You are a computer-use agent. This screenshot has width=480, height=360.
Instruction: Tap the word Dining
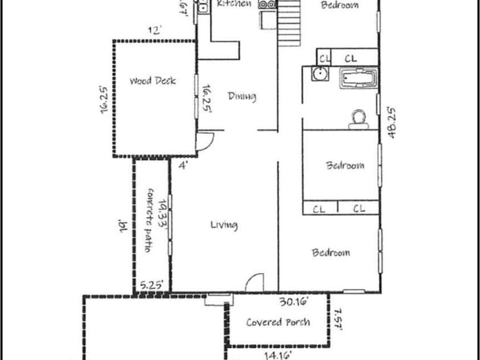pyautogui.click(x=242, y=96)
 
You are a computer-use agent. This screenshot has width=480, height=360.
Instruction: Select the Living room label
pyautogui.click(x=224, y=225)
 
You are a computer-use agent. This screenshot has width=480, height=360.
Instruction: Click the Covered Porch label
pyautogui.click(x=278, y=322)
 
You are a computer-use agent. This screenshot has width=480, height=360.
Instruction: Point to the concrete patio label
pyautogui.click(x=151, y=220)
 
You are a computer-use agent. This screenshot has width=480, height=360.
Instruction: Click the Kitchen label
pyautogui.click(x=234, y=4)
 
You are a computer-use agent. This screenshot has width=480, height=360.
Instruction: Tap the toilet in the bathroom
pyautogui.click(x=358, y=117)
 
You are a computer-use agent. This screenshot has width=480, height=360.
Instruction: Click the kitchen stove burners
pyautogui.click(x=267, y=5)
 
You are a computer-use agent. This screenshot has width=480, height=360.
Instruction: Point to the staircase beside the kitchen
pyautogui.click(x=289, y=23)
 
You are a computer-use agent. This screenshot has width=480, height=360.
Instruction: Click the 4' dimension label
pyautogui.click(x=183, y=166)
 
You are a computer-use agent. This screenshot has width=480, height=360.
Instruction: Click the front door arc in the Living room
pyautogui.click(x=256, y=282)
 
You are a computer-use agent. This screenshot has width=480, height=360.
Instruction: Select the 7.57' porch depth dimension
pyautogui.click(x=337, y=320)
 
